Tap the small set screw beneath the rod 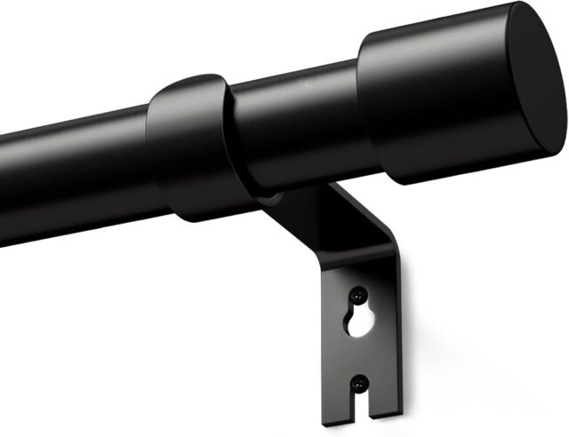pyautogui.click(x=267, y=201)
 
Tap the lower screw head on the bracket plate pyautogui.click(x=358, y=383)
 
